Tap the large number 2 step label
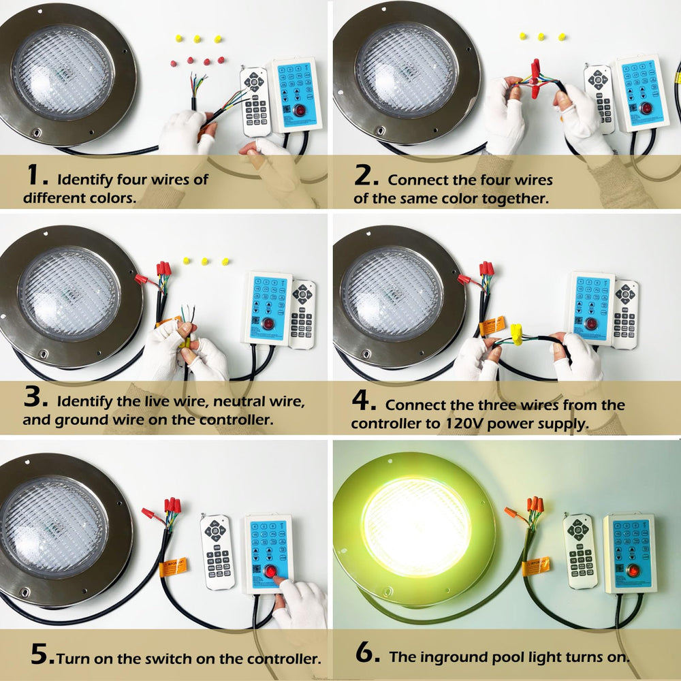[366, 176]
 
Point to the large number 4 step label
[364, 400]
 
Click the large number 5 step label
[42, 654]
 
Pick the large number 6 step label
[368, 652]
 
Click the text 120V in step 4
[464, 423]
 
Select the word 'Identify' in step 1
[85, 180]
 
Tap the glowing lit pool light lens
[416, 527]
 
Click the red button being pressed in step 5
[270, 571]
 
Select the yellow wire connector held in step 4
[516, 334]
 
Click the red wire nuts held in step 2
[535, 80]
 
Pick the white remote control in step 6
[580, 551]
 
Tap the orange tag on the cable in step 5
[173, 567]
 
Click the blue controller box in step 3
[266, 308]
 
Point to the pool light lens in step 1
[63, 73]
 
